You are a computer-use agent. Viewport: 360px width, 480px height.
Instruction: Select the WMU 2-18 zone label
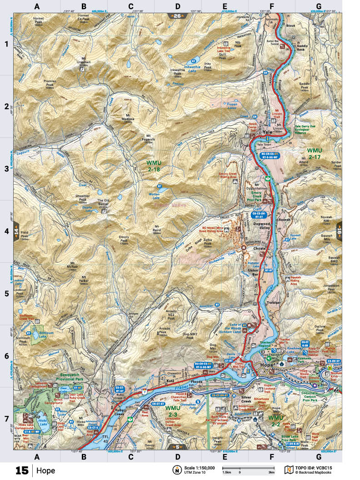coord(154,166)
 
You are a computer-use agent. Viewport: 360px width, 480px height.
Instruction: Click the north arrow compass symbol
coord(175,470)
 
